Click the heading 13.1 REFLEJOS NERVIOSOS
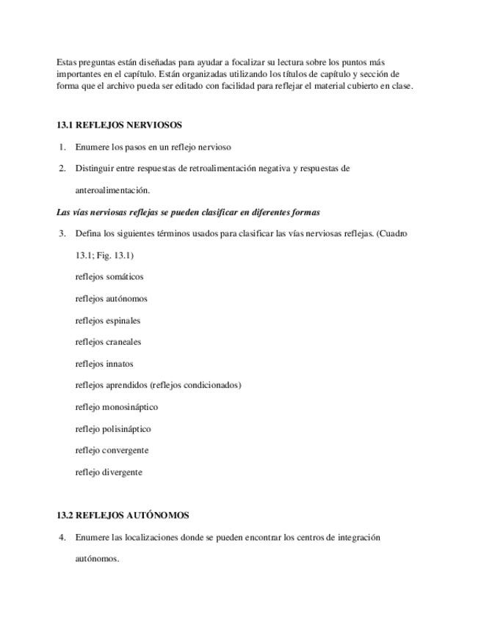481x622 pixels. point(119,125)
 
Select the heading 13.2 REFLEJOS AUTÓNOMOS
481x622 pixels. point(123,515)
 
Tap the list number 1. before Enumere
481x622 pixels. point(63,147)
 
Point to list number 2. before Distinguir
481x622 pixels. point(63,168)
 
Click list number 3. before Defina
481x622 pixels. point(63,233)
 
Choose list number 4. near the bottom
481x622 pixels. point(63,537)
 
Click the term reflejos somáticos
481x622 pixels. point(109,277)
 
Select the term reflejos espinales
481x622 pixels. point(107,320)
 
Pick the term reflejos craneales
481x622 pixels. point(108,341)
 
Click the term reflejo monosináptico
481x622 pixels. point(116,406)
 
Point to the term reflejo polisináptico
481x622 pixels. point(112,428)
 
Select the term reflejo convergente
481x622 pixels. point(112,450)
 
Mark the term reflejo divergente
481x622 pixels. point(109,472)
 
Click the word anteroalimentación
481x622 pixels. point(112,190)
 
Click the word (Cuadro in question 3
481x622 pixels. point(391,233)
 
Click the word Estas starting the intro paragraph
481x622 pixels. point(67,62)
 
